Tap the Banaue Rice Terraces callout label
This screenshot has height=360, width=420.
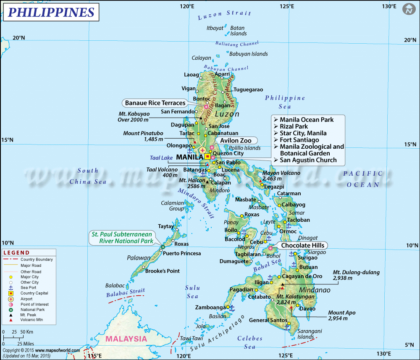(155, 103)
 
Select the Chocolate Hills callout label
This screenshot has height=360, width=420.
(304, 245)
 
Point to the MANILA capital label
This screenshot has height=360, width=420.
(190, 157)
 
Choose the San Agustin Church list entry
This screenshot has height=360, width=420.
(308, 160)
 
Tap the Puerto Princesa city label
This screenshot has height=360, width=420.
(182, 253)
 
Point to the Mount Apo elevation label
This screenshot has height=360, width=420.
(338, 315)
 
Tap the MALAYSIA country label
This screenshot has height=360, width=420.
(126, 339)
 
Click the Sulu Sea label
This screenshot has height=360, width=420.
(192, 292)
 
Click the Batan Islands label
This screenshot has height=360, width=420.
(238, 31)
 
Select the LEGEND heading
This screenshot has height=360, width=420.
(17, 253)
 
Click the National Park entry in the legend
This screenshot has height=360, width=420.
(32, 310)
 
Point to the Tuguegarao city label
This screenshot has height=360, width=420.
(248, 89)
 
